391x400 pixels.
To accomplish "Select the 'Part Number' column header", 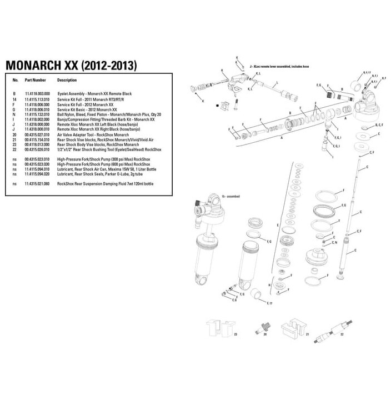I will pyautogui.click(x=35, y=80).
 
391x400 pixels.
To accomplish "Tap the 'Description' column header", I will pyautogui.click(x=67, y=80).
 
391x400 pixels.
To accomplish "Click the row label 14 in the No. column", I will pyautogui.click(x=14, y=99).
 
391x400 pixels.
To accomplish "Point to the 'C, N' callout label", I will pyautogui.click(x=334, y=243).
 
